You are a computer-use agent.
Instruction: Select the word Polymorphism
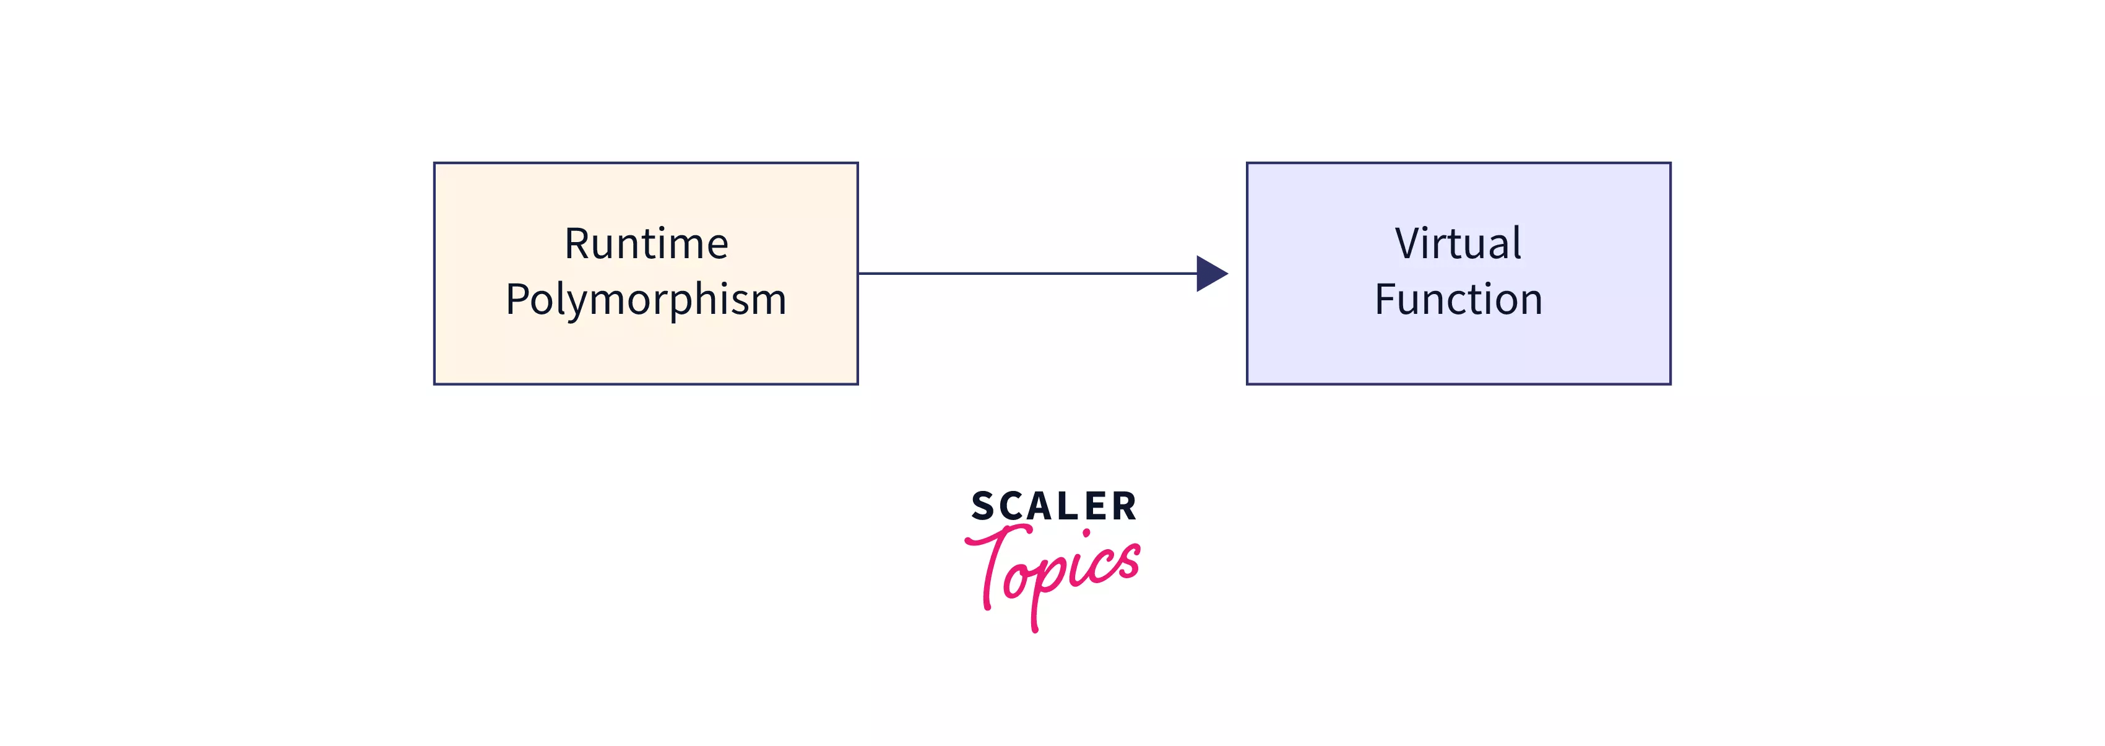pyautogui.click(x=646, y=299)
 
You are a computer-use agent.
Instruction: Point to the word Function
pyautogui.click(x=1458, y=299)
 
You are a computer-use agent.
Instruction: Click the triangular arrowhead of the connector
pyautogui.click(x=1210, y=274)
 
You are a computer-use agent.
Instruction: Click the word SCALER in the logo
pyautogui.click(x=1053, y=506)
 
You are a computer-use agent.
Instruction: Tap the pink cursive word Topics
pyautogui.click(x=1053, y=572)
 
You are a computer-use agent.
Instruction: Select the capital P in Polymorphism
pyautogui.click(x=517, y=299)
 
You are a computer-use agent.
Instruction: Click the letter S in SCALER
pyautogui.click(x=982, y=506)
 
